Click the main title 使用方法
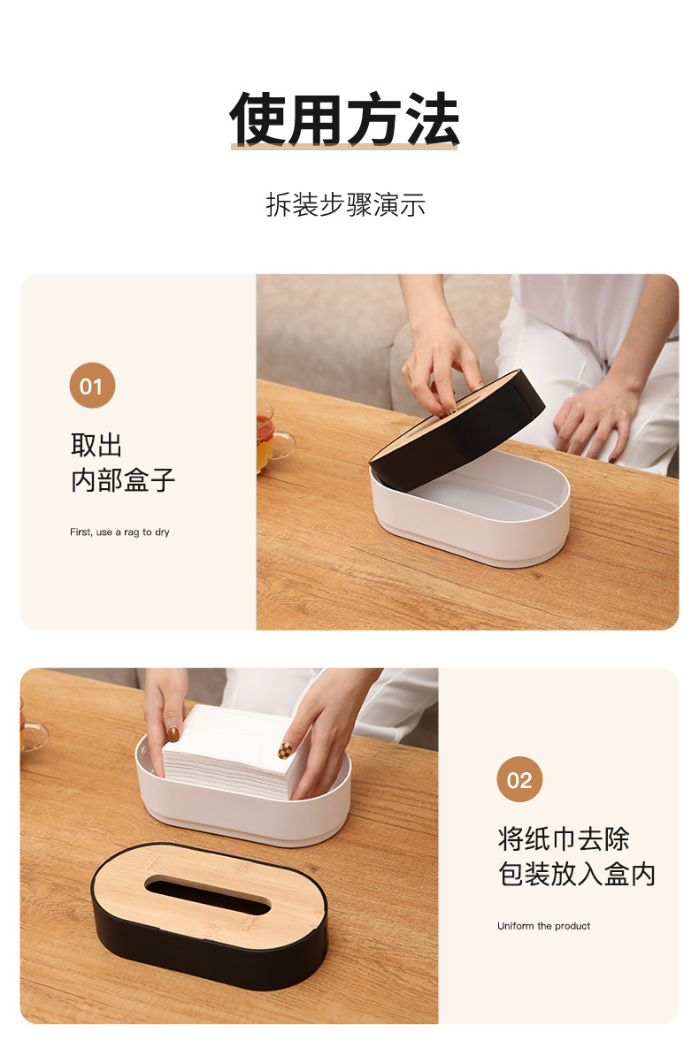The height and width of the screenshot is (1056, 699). click(345, 119)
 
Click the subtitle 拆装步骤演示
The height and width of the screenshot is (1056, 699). click(345, 205)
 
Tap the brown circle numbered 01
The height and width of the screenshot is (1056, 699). click(92, 386)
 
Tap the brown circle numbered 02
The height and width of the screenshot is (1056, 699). click(519, 779)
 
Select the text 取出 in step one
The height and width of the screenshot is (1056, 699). click(96, 445)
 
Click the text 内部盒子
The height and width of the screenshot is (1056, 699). click(123, 480)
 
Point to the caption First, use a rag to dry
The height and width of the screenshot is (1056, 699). click(119, 532)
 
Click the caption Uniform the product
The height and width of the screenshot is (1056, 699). click(543, 926)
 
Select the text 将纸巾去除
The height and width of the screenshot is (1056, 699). click(564, 838)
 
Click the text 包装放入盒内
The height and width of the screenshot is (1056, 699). click(576, 874)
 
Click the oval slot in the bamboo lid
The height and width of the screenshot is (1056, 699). click(209, 894)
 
